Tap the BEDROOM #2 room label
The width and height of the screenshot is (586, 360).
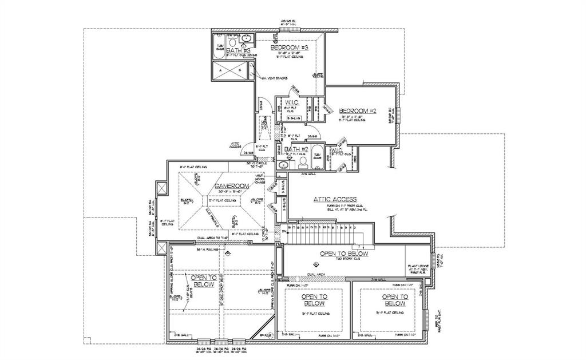(357, 110)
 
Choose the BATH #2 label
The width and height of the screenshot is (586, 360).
(296, 150)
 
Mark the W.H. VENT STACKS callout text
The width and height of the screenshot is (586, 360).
(274, 78)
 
